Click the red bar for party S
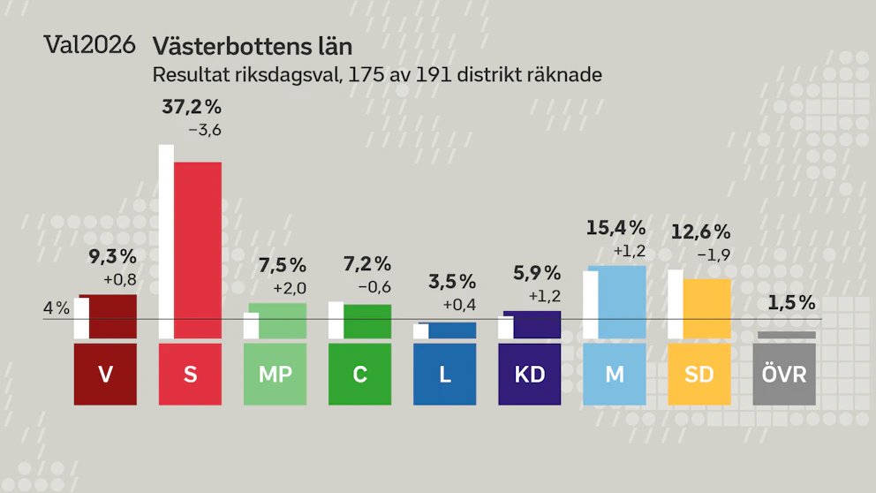(x=198, y=250)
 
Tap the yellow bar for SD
(x=706, y=308)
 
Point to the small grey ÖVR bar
(x=784, y=335)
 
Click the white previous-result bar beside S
(x=167, y=241)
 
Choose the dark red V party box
(x=105, y=374)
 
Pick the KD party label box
(x=530, y=374)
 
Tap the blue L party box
(x=445, y=374)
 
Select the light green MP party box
(x=275, y=374)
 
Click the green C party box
(x=359, y=374)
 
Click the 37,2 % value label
(x=192, y=107)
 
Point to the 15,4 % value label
(x=615, y=228)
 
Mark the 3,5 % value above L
(x=452, y=282)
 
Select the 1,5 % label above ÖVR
(x=791, y=303)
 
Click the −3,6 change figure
(x=205, y=130)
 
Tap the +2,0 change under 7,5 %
(x=290, y=288)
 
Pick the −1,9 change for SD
(x=714, y=255)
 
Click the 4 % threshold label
(x=57, y=308)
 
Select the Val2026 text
(x=89, y=45)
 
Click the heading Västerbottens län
(x=253, y=47)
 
